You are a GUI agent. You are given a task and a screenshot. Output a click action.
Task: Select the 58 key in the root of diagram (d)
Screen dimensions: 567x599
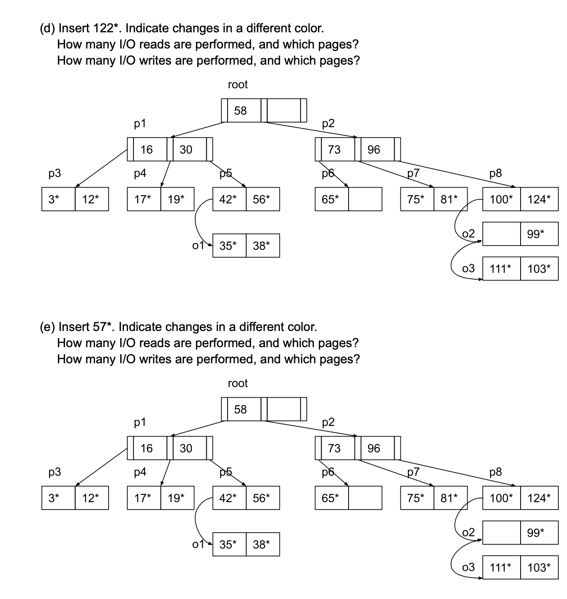click(x=240, y=111)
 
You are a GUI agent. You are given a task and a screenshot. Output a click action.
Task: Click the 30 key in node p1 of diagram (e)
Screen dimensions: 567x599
click(x=186, y=448)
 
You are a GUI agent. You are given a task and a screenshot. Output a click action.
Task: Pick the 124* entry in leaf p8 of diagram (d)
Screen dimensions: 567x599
click(x=539, y=199)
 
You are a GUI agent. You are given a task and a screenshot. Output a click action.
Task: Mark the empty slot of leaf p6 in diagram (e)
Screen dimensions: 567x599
click(x=365, y=498)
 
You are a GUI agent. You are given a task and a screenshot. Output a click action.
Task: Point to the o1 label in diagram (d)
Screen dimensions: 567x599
click(x=198, y=245)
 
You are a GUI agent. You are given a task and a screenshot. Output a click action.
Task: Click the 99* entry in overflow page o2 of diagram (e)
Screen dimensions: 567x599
click(x=535, y=533)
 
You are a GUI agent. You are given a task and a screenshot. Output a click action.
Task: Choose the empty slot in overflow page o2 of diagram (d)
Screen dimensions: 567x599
click(x=502, y=234)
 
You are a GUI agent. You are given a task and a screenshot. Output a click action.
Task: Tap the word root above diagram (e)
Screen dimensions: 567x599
click(x=238, y=383)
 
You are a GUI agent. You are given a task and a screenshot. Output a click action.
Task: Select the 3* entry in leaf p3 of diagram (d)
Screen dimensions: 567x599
click(x=53, y=199)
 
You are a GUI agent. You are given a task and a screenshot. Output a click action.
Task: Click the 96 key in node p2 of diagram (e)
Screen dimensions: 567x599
click(x=374, y=448)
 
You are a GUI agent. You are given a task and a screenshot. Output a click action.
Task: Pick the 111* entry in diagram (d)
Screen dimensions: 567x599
click(x=500, y=269)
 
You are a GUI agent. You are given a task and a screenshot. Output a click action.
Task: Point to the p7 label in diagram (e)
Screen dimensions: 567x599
click(x=413, y=472)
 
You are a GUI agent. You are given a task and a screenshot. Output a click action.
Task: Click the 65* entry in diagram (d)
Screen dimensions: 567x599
click(x=330, y=199)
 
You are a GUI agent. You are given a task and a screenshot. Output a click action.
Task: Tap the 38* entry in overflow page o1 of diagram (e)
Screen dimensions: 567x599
click(x=261, y=544)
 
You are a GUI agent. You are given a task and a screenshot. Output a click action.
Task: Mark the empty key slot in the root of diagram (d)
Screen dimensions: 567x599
click(x=283, y=110)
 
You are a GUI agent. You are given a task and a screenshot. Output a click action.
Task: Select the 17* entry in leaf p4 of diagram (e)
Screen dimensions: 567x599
click(x=143, y=498)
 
